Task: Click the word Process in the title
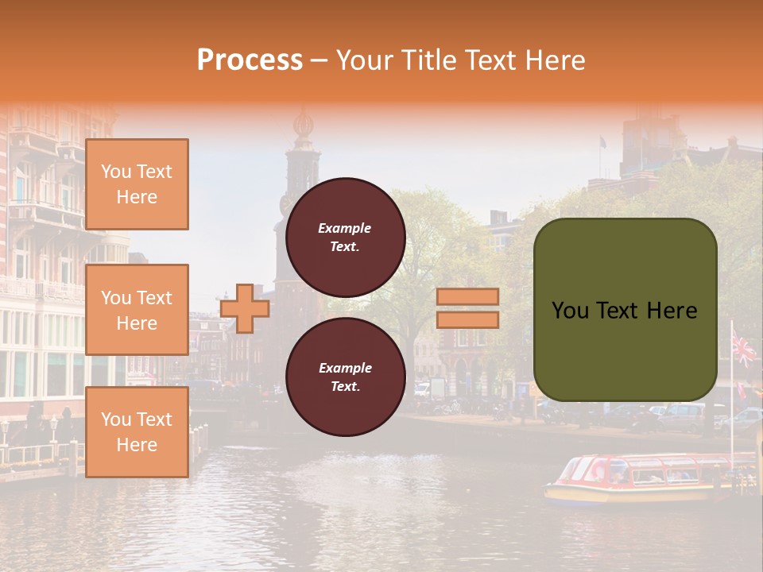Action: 250,60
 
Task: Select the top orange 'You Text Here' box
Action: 137,184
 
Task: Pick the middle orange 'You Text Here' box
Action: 137,310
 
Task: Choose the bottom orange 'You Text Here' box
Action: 137,432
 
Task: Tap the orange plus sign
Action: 245,308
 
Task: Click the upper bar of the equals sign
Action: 468,297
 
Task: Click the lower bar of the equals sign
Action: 468,319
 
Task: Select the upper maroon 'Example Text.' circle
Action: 345,237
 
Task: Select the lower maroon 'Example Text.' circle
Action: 345,377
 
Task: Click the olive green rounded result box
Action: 625,310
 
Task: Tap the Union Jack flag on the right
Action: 745,348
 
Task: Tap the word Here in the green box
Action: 672,311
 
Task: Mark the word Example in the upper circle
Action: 345,228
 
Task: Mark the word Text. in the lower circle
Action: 345,386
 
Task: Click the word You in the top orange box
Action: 116,172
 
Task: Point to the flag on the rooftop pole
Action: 602,143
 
